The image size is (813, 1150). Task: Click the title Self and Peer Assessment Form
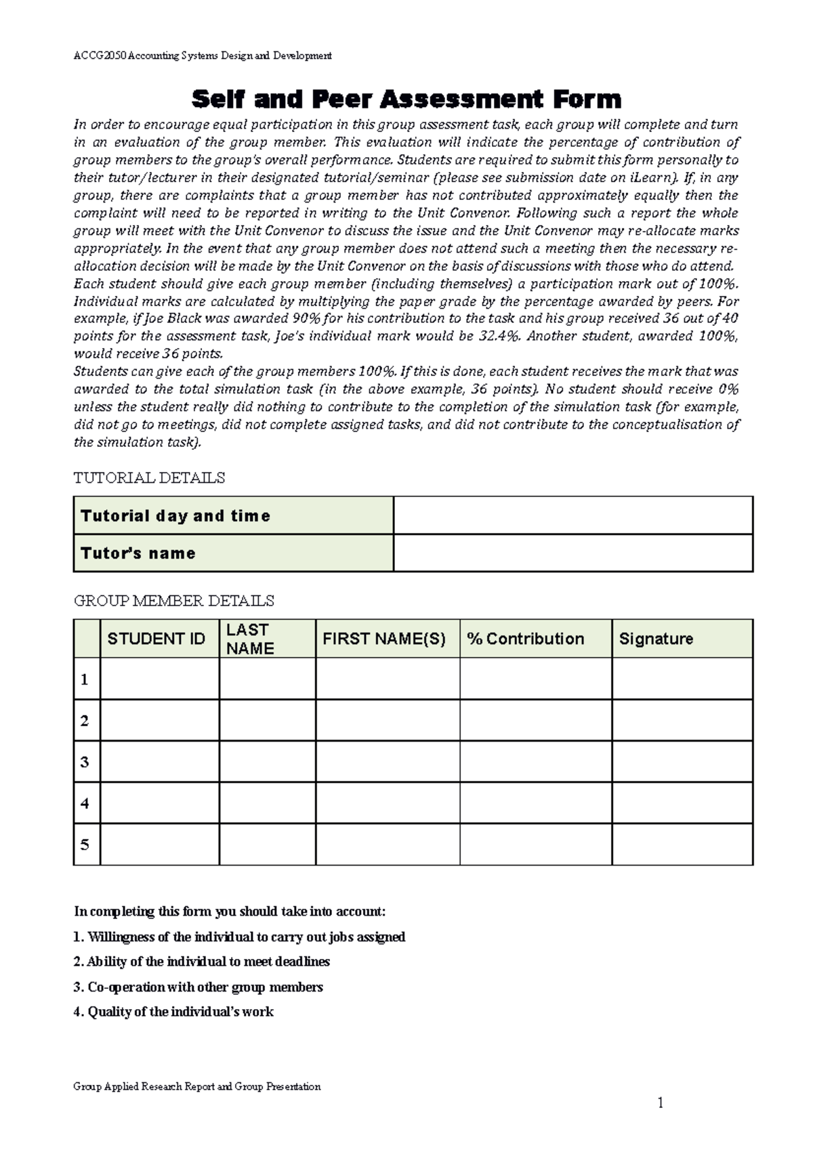coord(406,100)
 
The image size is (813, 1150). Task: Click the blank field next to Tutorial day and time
coord(572,515)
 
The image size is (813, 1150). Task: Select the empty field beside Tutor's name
coord(572,553)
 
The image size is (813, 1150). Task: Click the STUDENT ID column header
coord(157,639)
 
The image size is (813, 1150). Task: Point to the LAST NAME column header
coord(250,639)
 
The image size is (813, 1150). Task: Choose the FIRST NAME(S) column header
coord(384,639)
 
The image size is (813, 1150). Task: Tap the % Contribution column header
coord(526,639)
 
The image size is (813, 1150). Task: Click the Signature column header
coord(656,639)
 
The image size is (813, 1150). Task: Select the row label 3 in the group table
coord(85,762)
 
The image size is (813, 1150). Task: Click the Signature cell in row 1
coord(682,679)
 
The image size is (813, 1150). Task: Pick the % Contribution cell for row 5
coord(535,845)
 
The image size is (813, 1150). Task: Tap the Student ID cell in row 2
coord(159,720)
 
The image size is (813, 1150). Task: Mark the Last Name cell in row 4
coord(267,803)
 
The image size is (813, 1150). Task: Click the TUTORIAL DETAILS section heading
coord(149,478)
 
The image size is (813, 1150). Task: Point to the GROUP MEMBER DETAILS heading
coord(173,601)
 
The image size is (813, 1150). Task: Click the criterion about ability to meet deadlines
coord(202,962)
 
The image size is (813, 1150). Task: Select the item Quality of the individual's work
coord(173,1012)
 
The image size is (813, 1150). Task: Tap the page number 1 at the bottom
coord(661,1103)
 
